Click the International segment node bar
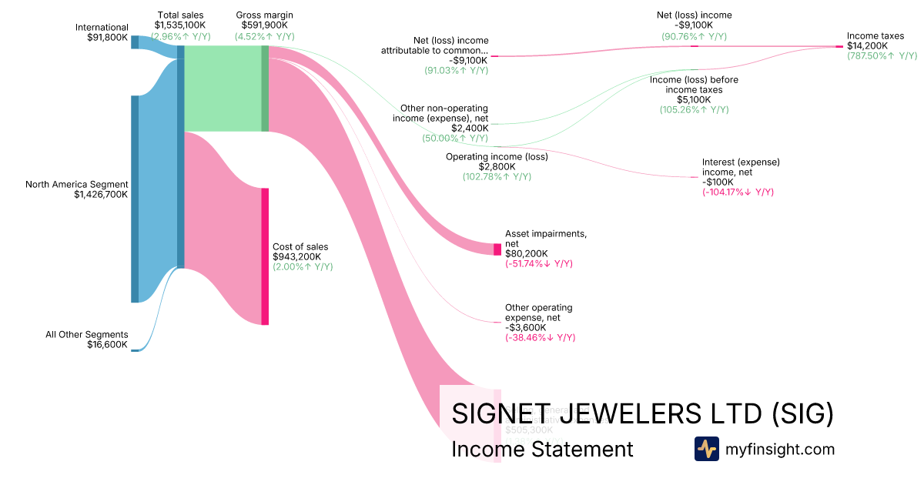tap(135, 42)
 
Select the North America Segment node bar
tap(135, 199)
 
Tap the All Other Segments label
tap(86, 334)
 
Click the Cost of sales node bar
tap(265, 256)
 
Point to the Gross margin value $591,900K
tap(264, 25)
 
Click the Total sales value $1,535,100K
tap(180, 25)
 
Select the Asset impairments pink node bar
tap(497, 249)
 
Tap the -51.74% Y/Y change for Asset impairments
tap(539, 264)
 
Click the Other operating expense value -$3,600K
tap(526, 327)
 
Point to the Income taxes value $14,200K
tap(867, 45)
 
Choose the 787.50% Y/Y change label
tap(882, 56)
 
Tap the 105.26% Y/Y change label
tap(694, 110)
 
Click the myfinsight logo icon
tap(706, 449)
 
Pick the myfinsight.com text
tap(780, 450)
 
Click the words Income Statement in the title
tap(542, 450)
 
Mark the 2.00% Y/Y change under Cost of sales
tap(303, 267)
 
